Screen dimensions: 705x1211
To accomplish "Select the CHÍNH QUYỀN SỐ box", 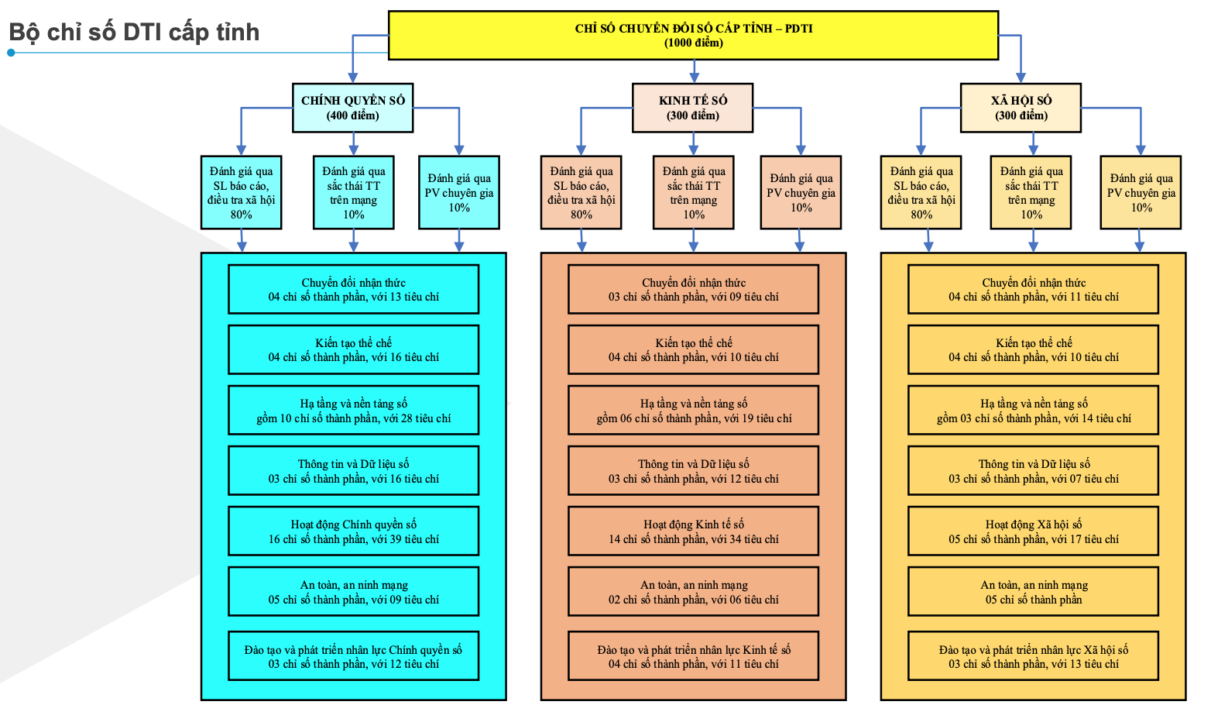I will [353, 108].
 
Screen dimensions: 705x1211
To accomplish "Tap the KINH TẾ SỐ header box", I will [693, 108].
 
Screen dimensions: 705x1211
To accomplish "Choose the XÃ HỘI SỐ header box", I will [1021, 108].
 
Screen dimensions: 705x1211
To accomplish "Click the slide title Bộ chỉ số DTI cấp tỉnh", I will [134, 33].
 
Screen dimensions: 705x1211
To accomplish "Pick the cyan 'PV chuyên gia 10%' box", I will [459, 193].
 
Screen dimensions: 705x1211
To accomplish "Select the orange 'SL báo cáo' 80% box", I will [581, 193].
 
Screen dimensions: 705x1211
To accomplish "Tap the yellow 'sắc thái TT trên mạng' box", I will [1031, 193].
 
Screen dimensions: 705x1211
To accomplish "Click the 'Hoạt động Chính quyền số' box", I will [354, 531].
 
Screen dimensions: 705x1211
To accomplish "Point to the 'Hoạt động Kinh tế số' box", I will [694, 531].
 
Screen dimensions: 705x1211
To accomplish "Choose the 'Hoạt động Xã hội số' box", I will [1034, 531].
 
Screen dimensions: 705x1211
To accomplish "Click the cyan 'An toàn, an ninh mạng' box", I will [354, 592].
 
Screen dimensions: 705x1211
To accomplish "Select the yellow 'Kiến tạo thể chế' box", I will [1034, 350].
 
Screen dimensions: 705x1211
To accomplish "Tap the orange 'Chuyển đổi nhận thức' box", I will [694, 290].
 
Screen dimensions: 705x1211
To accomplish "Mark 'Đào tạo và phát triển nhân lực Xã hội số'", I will [1034, 656].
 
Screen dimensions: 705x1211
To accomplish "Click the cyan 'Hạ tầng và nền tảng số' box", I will [354, 411].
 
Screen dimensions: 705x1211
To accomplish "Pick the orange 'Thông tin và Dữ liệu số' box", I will [694, 471].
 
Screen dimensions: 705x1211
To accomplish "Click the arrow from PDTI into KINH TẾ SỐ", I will [694, 72].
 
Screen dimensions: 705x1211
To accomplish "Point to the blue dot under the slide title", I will [11, 53].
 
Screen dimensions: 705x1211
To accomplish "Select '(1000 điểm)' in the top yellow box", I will [694, 43].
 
